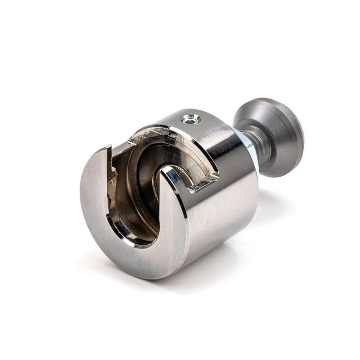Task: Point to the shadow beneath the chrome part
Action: tap(252, 252)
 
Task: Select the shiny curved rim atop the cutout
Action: tap(171, 130)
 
